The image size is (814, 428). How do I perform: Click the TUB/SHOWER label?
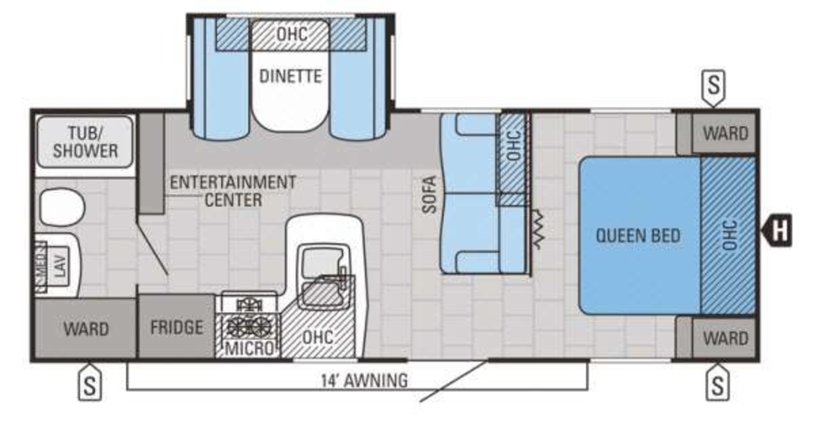pyautogui.click(x=85, y=142)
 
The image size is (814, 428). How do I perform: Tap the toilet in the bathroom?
pyautogui.click(x=62, y=207)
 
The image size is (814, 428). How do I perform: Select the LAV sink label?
pyautogui.click(x=61, y=266)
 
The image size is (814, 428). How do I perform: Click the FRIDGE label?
pyautogui.click(x=176, y=327)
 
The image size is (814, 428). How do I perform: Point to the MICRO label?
pyautogui.click(x=250, y=349)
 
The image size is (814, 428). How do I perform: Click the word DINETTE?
pyautogui.click(x=291, y=76)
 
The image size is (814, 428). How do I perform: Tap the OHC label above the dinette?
pyautogui.click(x=292, y=35)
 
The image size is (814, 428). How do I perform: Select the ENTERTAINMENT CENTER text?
pyautogui.click(x=233, y=191)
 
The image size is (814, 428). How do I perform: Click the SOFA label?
pyautogui.click(x=429, y=194)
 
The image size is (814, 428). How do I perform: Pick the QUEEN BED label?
pyautogui.click(x=638, y=236)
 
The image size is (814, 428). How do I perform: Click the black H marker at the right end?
pyautogui.click(x=777, y=230)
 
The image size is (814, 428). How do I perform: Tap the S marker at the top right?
pyautogui.click(x=714, y=88)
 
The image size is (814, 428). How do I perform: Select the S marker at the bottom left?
pyautogui.click(x=90, y=382)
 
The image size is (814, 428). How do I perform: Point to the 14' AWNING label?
pyautogui.click(x=364, y=380)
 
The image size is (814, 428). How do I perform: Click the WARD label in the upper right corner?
pyautogui.click(x=726, y=133)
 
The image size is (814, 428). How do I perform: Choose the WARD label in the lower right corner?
pyautogui.click(x=726, y=338)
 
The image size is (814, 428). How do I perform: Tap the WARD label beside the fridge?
pyautogui.click(x=86, y=329)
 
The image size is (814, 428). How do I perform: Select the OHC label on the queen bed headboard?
pyautogui.click(x=730, y=235)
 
